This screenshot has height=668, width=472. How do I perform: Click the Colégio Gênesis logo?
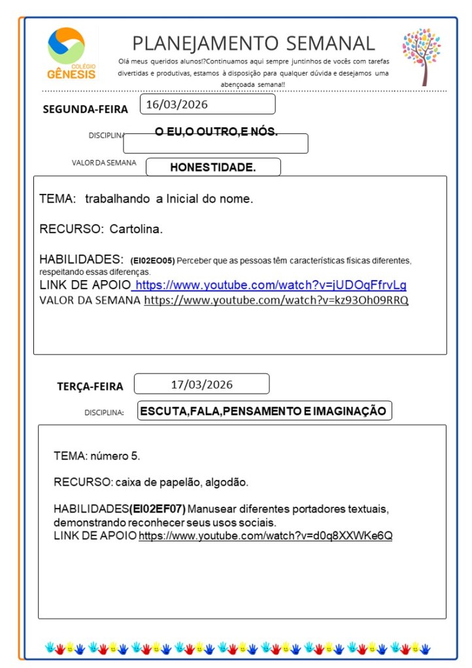pos(71,53)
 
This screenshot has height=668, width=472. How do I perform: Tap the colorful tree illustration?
pos(422,56)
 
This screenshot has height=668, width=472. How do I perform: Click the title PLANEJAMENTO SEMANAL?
pos(254,43)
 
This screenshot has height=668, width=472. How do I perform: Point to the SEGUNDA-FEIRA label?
pos(85,109)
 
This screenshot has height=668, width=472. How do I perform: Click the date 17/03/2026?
pos(201,384)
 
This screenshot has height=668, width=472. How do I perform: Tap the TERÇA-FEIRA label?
pos(90,387)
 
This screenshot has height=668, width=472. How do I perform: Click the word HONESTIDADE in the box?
pos(212,167)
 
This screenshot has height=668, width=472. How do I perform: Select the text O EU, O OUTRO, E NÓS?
pos(216,132)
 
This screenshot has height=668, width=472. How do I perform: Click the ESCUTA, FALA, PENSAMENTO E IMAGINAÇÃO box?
pos(263,411)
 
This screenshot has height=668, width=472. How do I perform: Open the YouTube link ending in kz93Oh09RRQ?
pos(276,300)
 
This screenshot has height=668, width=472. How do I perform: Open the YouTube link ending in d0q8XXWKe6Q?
pos(265,536)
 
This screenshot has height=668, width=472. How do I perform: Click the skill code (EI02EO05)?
pos(152,260)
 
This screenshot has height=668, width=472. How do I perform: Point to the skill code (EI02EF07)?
pos(158,509)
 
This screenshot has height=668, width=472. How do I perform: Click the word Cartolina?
pos(136,229)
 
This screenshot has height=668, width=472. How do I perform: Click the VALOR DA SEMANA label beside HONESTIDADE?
pos(104,163)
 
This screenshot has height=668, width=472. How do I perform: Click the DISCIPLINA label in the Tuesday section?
pos(104,413)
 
